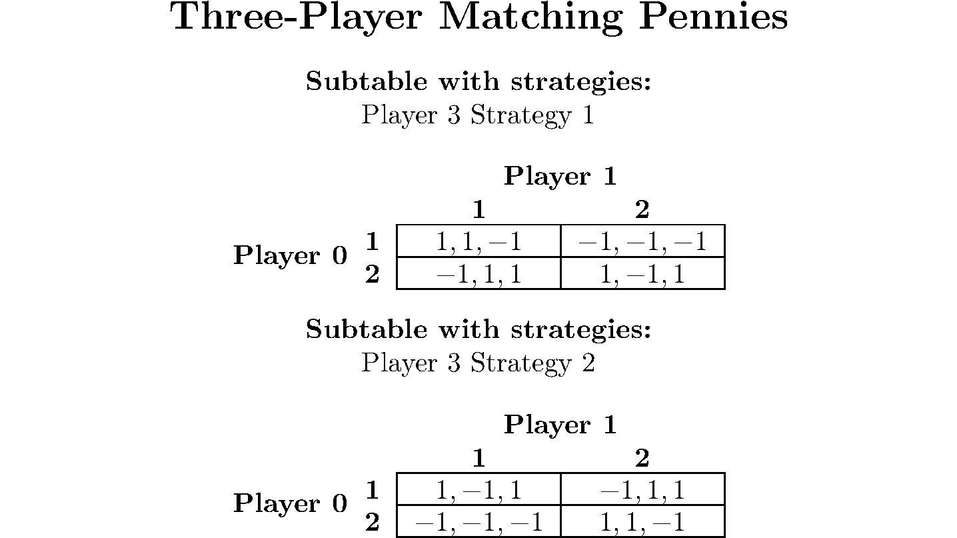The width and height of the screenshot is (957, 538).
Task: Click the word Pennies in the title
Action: click(713, 17)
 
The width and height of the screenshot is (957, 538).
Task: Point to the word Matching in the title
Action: click(530, 18)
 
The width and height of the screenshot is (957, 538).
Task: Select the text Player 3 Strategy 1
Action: click(478, 115)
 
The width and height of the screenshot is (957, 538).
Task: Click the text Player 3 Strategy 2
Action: click(478, 363)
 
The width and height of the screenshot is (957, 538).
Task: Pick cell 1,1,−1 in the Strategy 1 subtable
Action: click(479, 241)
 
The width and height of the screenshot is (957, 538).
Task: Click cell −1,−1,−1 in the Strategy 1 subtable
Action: click(642, 241)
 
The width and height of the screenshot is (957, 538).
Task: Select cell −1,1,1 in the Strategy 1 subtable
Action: click(479, 273)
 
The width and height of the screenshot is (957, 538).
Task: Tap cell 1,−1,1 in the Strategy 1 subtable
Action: click(642, 273)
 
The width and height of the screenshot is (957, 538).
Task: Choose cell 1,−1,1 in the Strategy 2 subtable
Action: click(479, 489)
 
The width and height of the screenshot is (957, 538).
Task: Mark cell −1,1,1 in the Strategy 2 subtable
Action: click(642, 489)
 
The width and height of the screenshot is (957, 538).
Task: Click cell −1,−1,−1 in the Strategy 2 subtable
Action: click(479, 522)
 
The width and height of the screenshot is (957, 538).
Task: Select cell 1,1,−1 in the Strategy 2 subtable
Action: click(642, 522)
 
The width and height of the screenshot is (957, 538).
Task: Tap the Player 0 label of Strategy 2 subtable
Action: click(290, 503)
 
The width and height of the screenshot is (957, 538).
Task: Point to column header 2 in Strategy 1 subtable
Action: click(642, 210)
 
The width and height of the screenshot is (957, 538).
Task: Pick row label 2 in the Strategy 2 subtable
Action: click(372, 522)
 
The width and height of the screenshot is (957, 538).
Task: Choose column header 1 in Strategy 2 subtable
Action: click(479, 458)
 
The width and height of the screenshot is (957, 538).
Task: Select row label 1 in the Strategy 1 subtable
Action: click(372, 241)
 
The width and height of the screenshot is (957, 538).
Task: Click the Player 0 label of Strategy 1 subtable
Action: click(290, 255)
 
